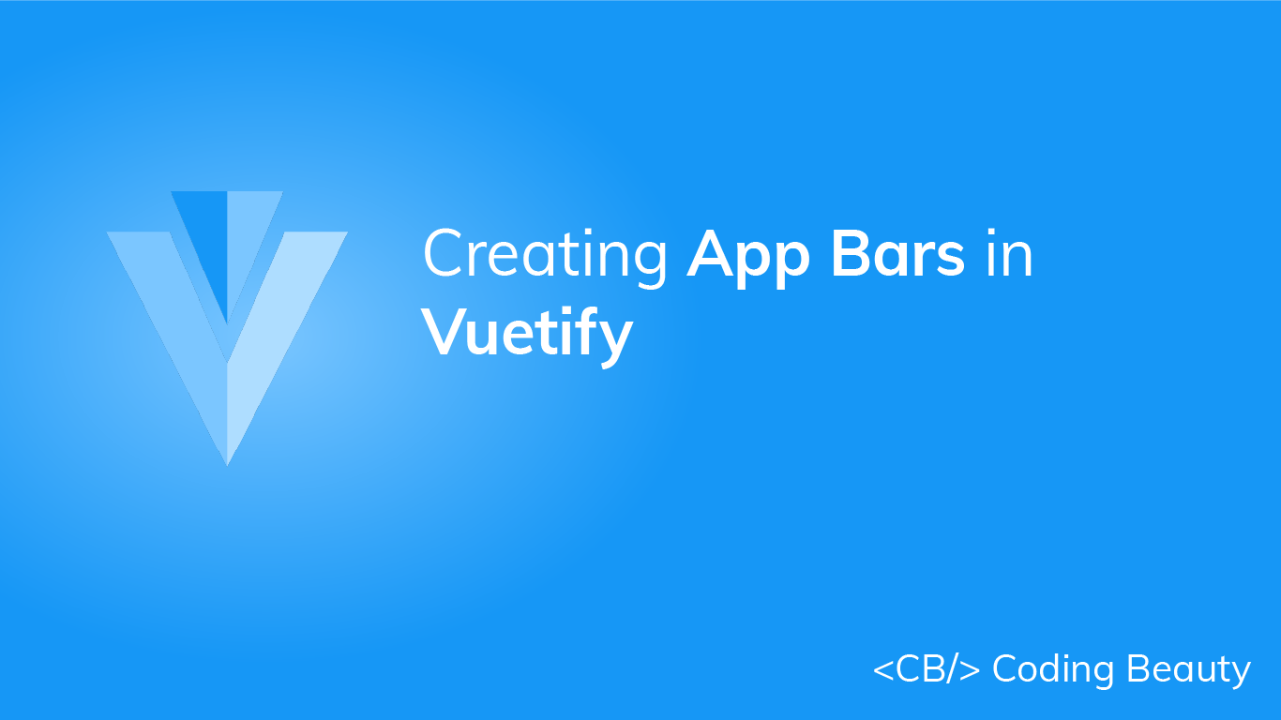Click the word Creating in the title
pos(545,256)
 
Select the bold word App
pos(746,256)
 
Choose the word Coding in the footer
pos(1053,670)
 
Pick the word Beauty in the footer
pos(1188,670)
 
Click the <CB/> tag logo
pos(927,670)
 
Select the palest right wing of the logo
pos(272,319)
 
